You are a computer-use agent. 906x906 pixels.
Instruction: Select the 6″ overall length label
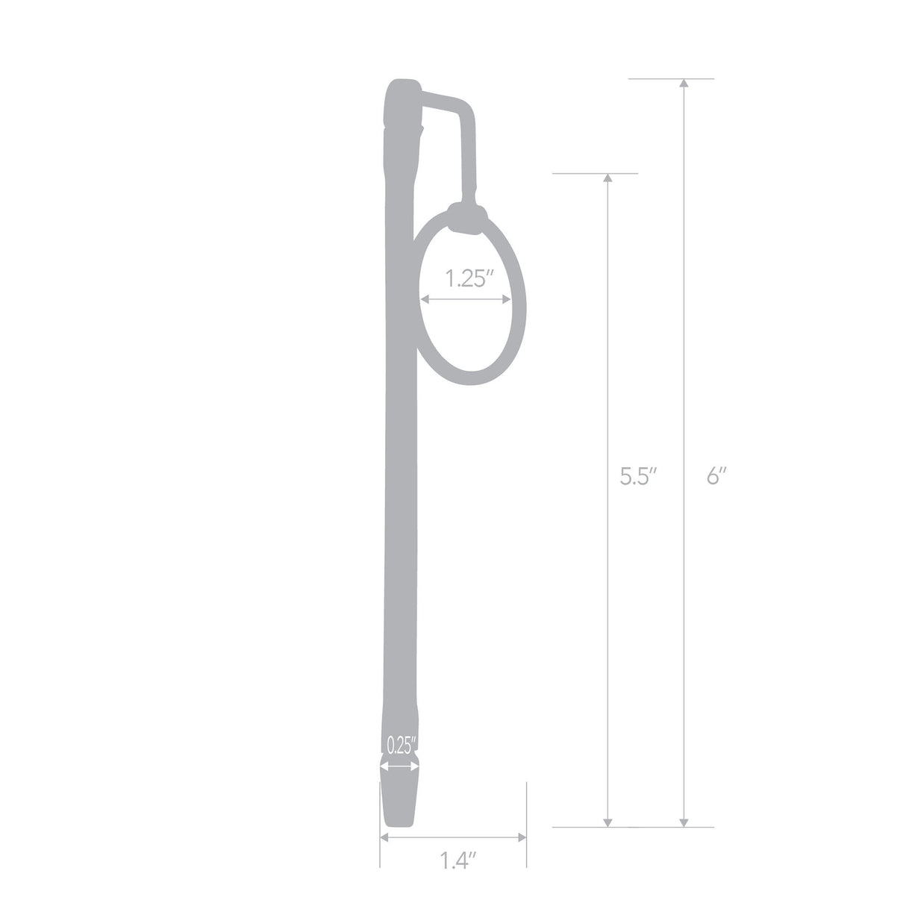716,476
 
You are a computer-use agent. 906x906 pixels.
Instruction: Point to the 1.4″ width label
457,861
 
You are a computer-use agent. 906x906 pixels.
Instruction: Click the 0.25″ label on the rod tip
401,746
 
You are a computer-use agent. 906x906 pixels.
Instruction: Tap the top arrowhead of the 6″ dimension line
684,84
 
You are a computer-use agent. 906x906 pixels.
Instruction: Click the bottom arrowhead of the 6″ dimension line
684,821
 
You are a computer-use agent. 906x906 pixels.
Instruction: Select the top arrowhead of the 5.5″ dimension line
608,179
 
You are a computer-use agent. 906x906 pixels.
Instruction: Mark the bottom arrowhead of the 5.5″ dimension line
608,821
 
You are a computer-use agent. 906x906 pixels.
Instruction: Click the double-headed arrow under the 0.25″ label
401,764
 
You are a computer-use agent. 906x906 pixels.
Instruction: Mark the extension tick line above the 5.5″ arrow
595,173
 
